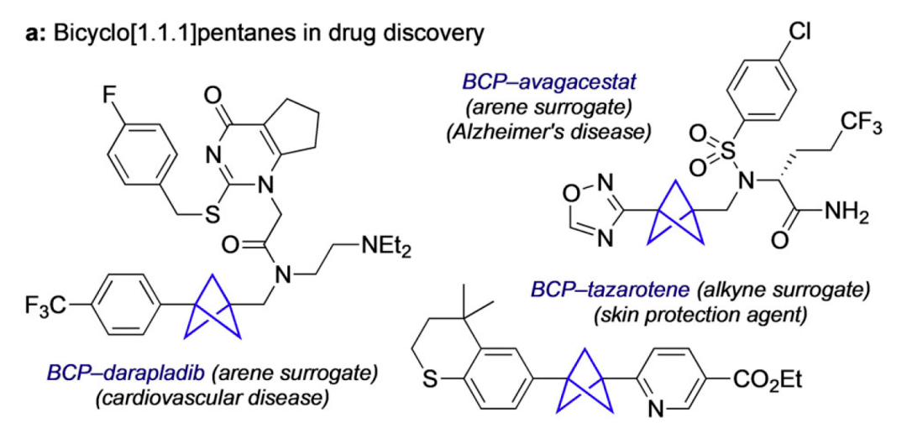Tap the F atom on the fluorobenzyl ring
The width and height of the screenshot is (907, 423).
coord(110,95)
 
